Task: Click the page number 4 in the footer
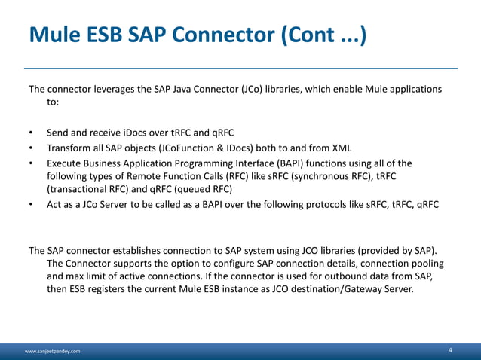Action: [450, 350]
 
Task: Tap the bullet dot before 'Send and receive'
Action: [31, 132]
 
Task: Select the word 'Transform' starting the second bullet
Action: [69, 147]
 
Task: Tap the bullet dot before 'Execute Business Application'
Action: [31, 163]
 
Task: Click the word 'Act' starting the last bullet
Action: [55, 204]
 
